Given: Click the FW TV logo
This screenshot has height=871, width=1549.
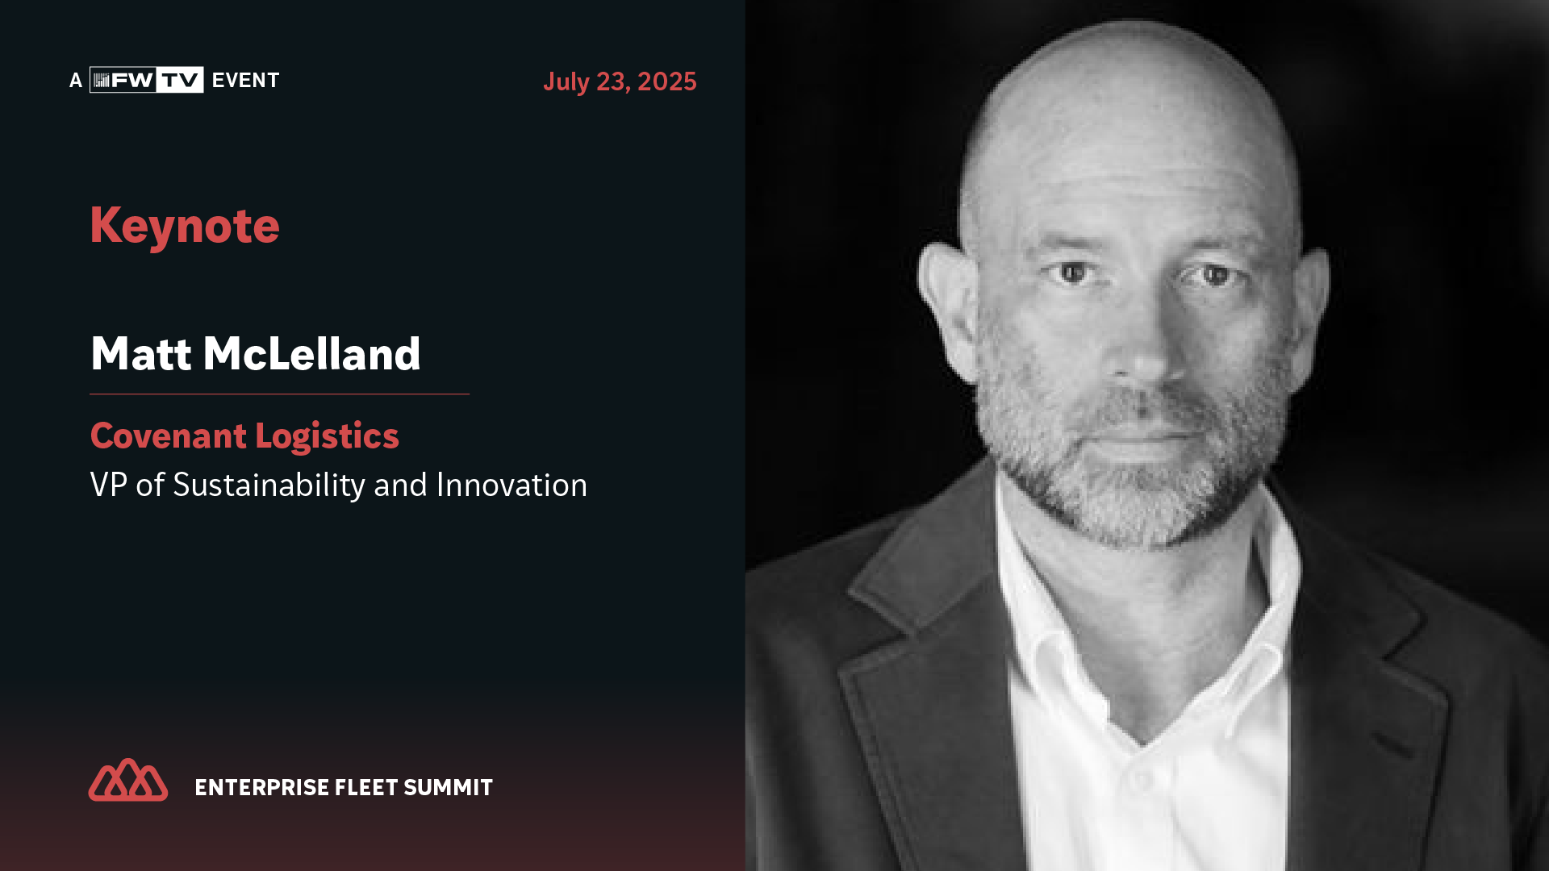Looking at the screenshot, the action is click(x=146, y=80).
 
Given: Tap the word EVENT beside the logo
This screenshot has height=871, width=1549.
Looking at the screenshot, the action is click(x=245, y=81).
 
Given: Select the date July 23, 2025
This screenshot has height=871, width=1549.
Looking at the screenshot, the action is click(x=620, y=81).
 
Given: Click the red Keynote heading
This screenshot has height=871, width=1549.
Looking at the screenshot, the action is click(x=185, y=226).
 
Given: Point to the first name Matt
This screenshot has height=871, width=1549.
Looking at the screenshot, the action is click(x=141, y=353).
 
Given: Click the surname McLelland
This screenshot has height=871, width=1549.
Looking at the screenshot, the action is click(x=311, y=353).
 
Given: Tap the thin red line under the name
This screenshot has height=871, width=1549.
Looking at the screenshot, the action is click(x=279, y=394).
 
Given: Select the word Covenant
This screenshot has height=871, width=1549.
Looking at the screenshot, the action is click(x=169, y=435).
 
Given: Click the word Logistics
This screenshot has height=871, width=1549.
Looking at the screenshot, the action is click(x=327, y=437).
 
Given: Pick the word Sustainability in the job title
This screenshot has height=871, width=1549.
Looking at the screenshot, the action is click(x=269, y=486).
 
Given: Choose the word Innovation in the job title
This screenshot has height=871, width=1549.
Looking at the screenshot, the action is click(x=511, y=485).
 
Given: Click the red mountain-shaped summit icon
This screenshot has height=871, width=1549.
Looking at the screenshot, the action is click(x=128, y=780).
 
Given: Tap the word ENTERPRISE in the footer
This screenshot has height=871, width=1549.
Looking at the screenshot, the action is click(x=261, y=787).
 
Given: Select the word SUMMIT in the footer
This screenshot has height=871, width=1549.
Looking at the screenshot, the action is click(x=448, y=787).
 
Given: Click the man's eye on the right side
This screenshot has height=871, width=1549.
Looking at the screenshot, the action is click(x=1214, y=276).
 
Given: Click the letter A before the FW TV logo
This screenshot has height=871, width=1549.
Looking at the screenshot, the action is click(x=76, y=81).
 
